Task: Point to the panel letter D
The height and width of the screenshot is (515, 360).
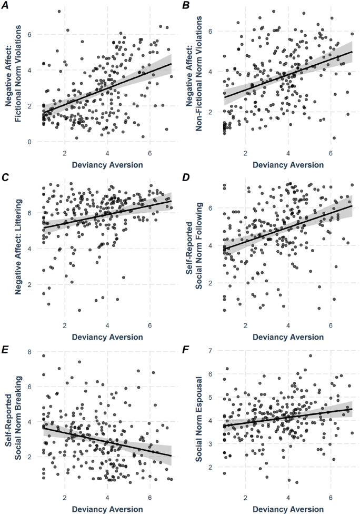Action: coord(186,179)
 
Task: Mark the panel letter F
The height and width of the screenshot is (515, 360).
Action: coord(186,351)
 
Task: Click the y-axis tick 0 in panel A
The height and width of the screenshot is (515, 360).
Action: coord(29,142)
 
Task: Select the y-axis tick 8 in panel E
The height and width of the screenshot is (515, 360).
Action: coord(29,352)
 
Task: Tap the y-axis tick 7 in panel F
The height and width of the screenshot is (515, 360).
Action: coord(210,351)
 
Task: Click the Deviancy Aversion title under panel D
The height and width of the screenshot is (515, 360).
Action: coord(288,338)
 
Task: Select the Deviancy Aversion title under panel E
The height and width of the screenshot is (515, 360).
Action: coord(107,509)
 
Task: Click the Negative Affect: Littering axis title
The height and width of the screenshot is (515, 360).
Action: coord(18,246)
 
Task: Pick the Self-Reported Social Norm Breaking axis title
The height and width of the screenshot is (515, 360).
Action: coord(14,418)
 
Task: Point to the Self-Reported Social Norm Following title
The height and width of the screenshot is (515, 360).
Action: coord(194,246)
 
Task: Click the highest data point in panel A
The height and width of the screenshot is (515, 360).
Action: coord(59,12)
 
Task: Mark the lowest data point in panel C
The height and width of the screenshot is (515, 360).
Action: coord(79,310)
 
